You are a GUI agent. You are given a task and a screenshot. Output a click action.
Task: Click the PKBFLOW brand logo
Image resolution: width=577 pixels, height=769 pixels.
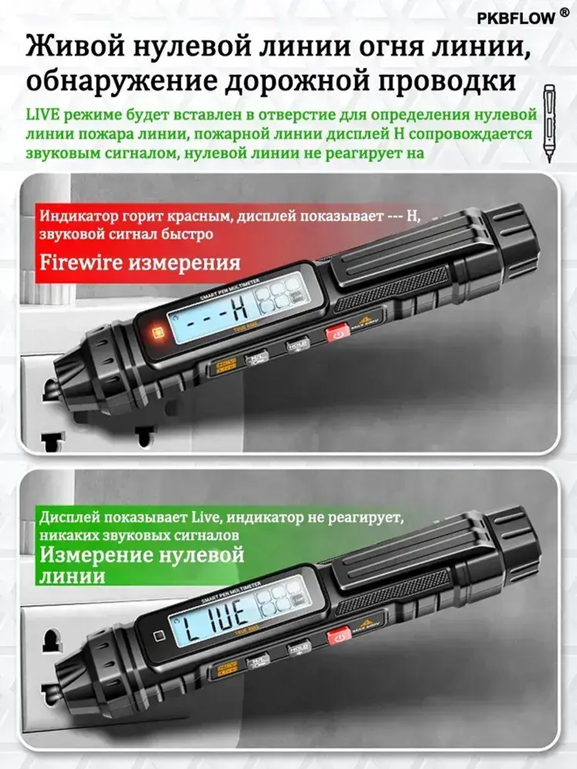(515, 18)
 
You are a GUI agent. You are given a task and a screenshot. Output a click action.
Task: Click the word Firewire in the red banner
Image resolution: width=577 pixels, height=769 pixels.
(81, 262)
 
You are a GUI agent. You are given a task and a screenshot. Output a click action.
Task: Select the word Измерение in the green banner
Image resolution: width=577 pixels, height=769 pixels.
(96, 555)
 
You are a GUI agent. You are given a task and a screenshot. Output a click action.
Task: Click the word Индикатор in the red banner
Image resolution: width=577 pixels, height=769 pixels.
(79, 216)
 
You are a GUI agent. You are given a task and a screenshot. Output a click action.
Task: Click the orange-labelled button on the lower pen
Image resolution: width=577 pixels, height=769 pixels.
(227, 668)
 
